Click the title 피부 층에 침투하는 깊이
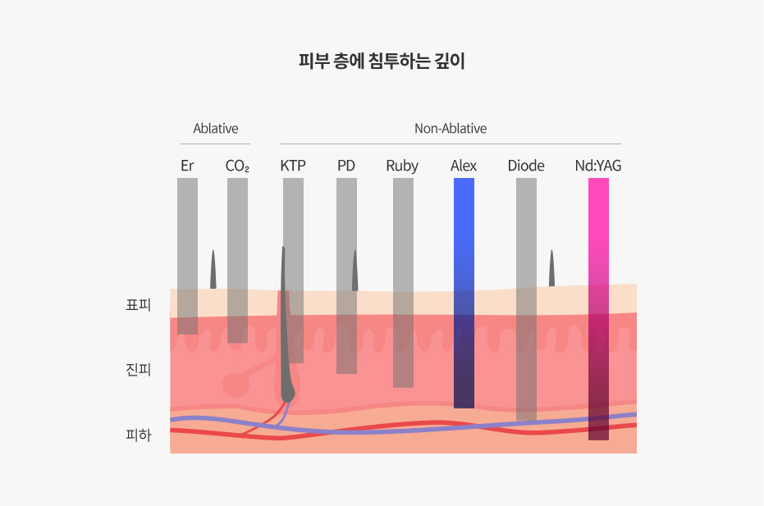(x=382, y=62)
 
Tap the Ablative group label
(x=216, y=129)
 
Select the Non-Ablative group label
(x=451, y=129)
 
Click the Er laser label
(x=187, y=166)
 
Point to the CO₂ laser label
(x=237, y=166)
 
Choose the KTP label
(x=293, y=166)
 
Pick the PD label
(x=346, y=166)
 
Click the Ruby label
(x=402, y=166)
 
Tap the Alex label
(x=464, y=166)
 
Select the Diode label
(x=526, y=166)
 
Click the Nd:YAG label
(x=598, y=166)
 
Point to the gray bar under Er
(x=187, y=255)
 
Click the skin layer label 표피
(x=139, y=306)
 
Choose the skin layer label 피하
(x=139, y=435)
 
